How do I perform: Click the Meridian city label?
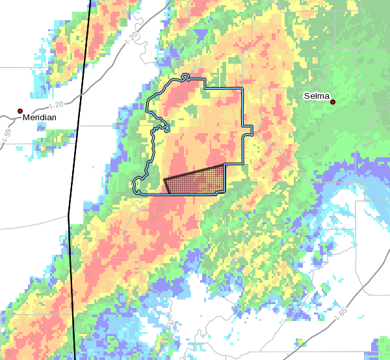(x=39, y=118)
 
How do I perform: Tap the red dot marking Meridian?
(x=20, y=111)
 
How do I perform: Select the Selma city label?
(x=317, y=96)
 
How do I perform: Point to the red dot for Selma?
(x=332, y=102)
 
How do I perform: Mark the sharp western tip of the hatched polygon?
(x=164, y=179)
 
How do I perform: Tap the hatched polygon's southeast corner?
(x=224, y=193)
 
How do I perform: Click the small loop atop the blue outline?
(x=185, y=77)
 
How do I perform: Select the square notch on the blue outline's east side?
(x=247, y=129)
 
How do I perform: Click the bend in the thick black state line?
(x=68, y=215)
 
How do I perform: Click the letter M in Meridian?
(x=26, y=118)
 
